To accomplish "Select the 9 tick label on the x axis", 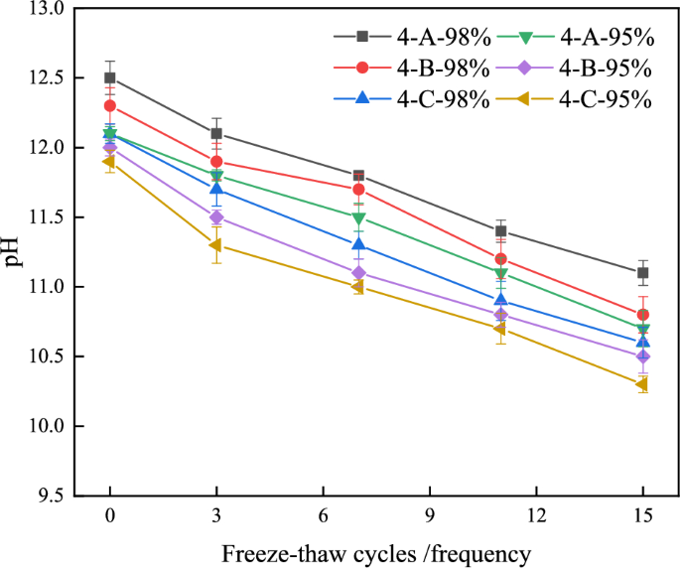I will pyautogui.click(x=429, y=518).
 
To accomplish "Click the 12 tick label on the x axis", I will pyautogui.click(x=536, y=518).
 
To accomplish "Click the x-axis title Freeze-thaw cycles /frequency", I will pyautogui.click(x=376, y=551).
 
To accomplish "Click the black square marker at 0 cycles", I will pyautogui.click(x=109, y=77).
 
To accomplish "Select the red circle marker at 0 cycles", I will pyautogui.click(x=109, y=105).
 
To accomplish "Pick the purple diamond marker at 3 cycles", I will pyautogui.click(x=216, y=217).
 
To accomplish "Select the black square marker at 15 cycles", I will pyautogui.click(x=643, y=272).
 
